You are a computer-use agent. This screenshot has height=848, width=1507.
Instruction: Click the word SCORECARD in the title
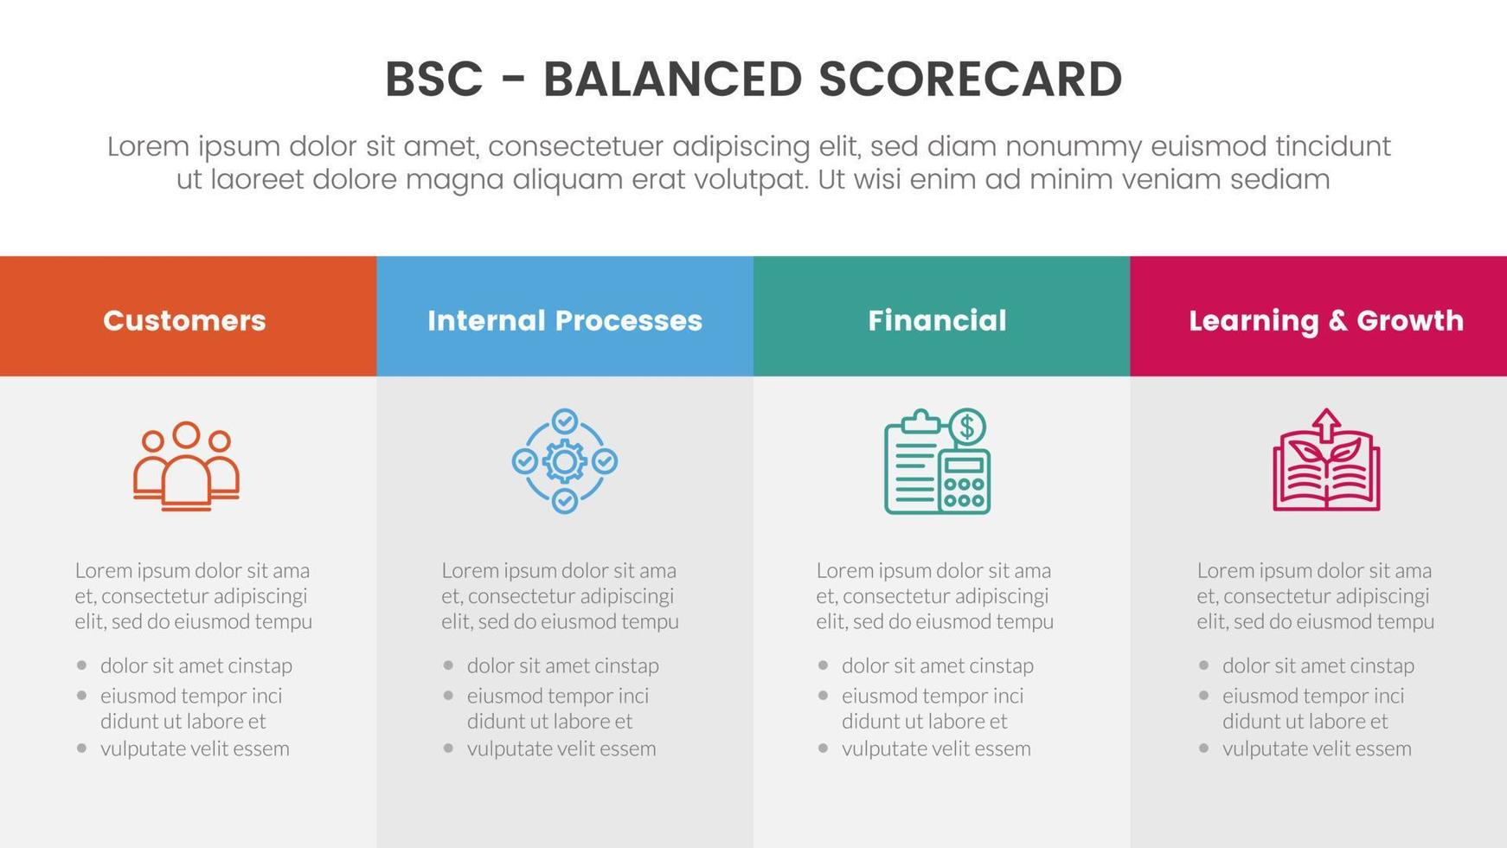[970, 80]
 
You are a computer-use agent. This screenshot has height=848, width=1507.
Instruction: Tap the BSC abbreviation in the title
[433, 80]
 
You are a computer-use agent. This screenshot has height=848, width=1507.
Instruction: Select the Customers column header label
[184, 321]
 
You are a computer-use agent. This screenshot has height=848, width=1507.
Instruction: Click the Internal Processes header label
[564, 321]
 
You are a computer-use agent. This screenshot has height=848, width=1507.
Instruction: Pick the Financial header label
[937, 321]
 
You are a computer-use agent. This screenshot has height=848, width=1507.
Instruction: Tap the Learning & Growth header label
[1325, 321]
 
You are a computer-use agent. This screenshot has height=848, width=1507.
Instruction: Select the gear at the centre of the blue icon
[564, 462]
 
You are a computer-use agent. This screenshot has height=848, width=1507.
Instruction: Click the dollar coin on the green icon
[967, 427]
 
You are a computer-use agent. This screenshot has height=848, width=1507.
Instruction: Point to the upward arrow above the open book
[1326, 424]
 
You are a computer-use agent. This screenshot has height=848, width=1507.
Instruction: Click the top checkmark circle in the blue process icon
[564, 421]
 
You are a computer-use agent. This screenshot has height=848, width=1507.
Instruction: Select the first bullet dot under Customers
[82, 665]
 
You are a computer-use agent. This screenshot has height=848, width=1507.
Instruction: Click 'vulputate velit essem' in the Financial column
[935, 748]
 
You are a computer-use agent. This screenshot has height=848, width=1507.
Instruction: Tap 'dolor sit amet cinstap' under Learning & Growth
[1318, 665]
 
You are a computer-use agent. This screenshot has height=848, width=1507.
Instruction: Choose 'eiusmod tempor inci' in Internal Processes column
[557, 696]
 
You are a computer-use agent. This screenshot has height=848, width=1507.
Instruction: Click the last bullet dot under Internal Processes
[448, 748]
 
